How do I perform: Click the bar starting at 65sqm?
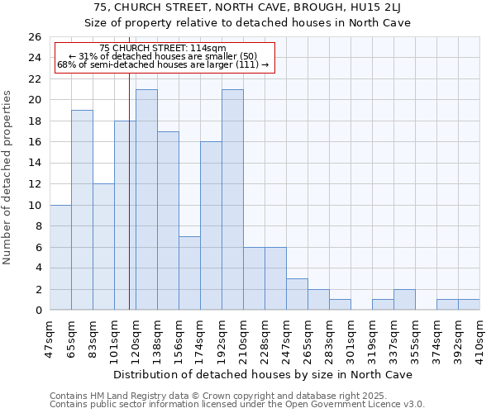(82, 210)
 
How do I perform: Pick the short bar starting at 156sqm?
(189, 273)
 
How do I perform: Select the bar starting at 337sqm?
(404, 300)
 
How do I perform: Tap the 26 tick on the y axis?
(35, 37)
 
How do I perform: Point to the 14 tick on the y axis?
(35, 164)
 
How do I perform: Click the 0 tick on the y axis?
(38, 311)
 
